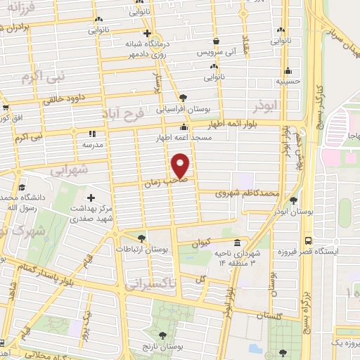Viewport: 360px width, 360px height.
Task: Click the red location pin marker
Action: coord(181,166)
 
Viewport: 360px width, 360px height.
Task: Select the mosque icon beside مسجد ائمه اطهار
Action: coord(184,128)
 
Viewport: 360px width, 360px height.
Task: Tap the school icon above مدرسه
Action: coord(91,134)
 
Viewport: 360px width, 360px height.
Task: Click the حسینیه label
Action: coord(288,82)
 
